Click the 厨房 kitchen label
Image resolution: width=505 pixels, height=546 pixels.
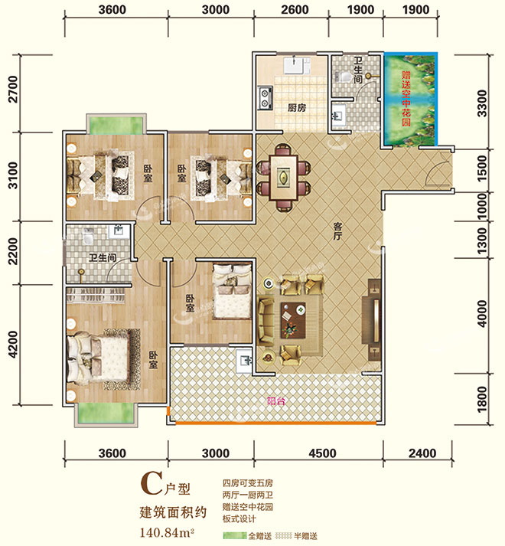[x=297, y=108]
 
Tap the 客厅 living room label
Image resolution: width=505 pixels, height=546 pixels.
[x=337, y=230]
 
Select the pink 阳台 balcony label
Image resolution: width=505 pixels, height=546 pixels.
[x=276, y=401]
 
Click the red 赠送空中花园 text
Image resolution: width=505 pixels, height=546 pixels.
[x=406, y=99]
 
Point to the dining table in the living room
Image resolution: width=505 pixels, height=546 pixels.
[x=284, y=178]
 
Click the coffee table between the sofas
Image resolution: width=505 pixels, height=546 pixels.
[x=293, y=320]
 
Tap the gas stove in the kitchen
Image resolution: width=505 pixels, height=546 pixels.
[x=265, y=98]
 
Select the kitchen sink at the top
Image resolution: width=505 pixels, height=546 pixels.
[x=295, y=66]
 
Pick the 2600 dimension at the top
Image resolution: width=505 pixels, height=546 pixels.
[x=295, y=10]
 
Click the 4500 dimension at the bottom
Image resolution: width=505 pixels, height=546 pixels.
[x=322, y=453]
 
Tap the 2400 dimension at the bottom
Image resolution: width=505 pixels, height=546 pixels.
[x=422, y=453]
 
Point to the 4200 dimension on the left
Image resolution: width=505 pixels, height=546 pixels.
[x=13, y=344]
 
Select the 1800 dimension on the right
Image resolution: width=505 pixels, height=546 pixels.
[x=482, y=399]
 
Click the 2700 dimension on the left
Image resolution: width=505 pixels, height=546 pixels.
[x=13, y=89]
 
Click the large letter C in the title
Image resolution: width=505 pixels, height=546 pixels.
[x=151, y=484]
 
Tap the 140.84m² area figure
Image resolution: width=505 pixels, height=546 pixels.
[x=166, y=532]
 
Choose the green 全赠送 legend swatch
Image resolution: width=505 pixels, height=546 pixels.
[x=235, y=535]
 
